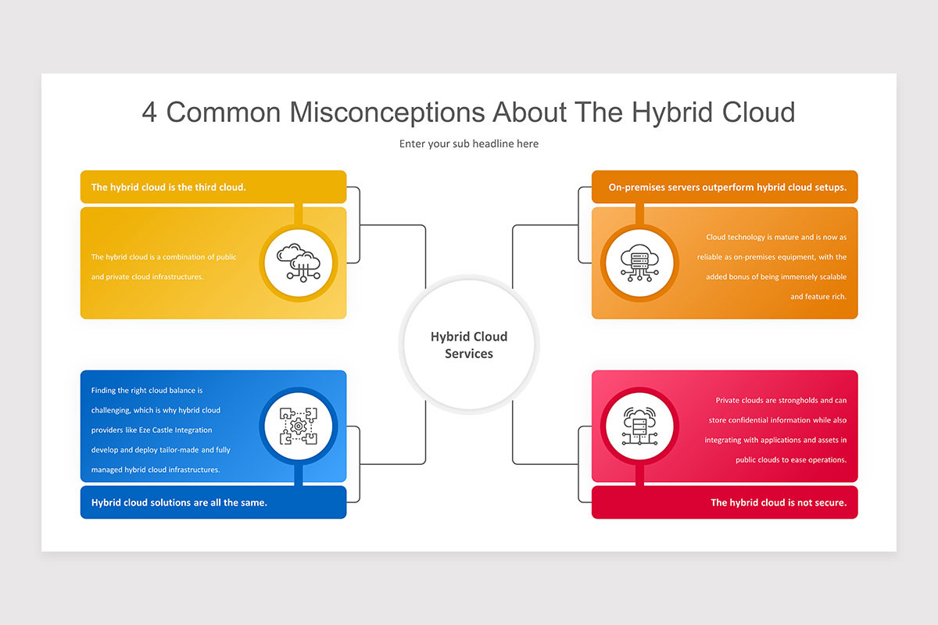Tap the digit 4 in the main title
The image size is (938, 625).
click(x=149, y=112)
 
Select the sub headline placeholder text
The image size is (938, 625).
click(x=468, y=144)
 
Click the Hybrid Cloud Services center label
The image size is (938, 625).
click(x=468, y=345)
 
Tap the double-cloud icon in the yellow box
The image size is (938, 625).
click(x=298, y=263)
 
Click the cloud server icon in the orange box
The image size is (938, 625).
click(x=639, y=263)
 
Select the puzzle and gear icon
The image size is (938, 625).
click(x=298, y=426)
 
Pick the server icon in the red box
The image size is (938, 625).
click(x=639, y=426)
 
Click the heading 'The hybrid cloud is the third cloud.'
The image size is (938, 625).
click(x=168, y=187)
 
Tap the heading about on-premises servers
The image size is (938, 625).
click(x=728, y=187)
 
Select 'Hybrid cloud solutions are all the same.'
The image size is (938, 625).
click(x=179, y=502)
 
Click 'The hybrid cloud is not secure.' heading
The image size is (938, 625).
click(x=779, y=502)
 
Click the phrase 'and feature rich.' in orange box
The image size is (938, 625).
click(x=818, y=296)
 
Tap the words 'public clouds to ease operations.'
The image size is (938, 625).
click(x=791, y=459)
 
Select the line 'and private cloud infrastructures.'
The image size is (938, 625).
click(x=147, y=277)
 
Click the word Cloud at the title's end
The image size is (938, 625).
click(x=758, y=112)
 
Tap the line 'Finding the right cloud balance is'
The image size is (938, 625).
click(x=147, y=390)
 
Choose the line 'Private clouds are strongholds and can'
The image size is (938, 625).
click(x=781, y=400)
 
